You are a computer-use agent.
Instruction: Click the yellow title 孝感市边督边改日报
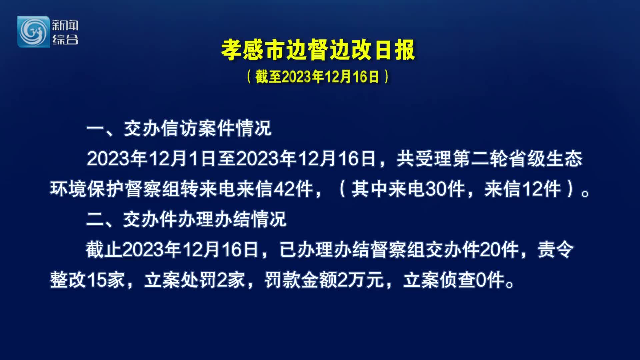point(318,50)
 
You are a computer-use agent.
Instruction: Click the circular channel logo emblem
point(33,32)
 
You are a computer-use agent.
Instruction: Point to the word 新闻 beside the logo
point(65,25)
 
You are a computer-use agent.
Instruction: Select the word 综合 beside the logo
point(65,39)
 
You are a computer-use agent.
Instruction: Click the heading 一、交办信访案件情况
point(179,128)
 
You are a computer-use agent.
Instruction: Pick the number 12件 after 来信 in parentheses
point(541,189)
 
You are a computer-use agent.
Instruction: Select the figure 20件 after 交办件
point(499,250)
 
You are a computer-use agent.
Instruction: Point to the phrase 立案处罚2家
point(195,280)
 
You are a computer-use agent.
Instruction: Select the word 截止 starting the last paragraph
point(104,250)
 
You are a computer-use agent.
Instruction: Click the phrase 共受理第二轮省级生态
point(490,159)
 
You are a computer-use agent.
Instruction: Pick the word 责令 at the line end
point(556,250)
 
